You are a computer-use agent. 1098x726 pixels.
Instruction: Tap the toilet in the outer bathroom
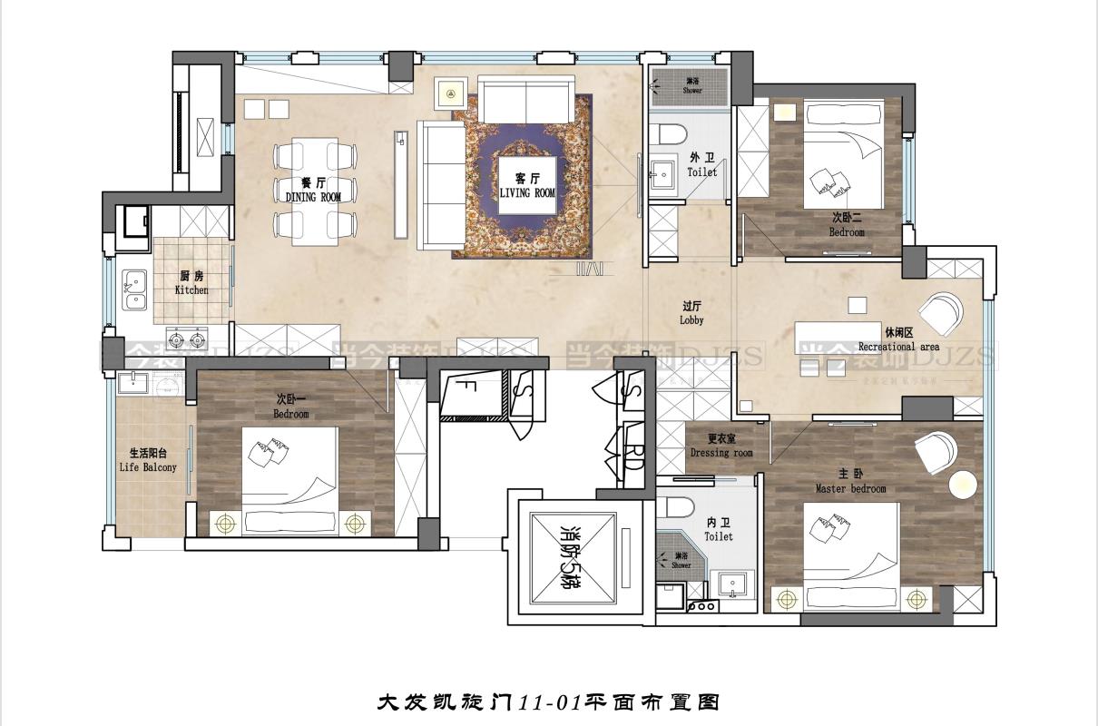(x=672, y=132)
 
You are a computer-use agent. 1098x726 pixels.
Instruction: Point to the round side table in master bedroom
(x=963, y=486)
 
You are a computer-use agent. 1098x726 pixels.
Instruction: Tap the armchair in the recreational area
(x=941, y=313)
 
